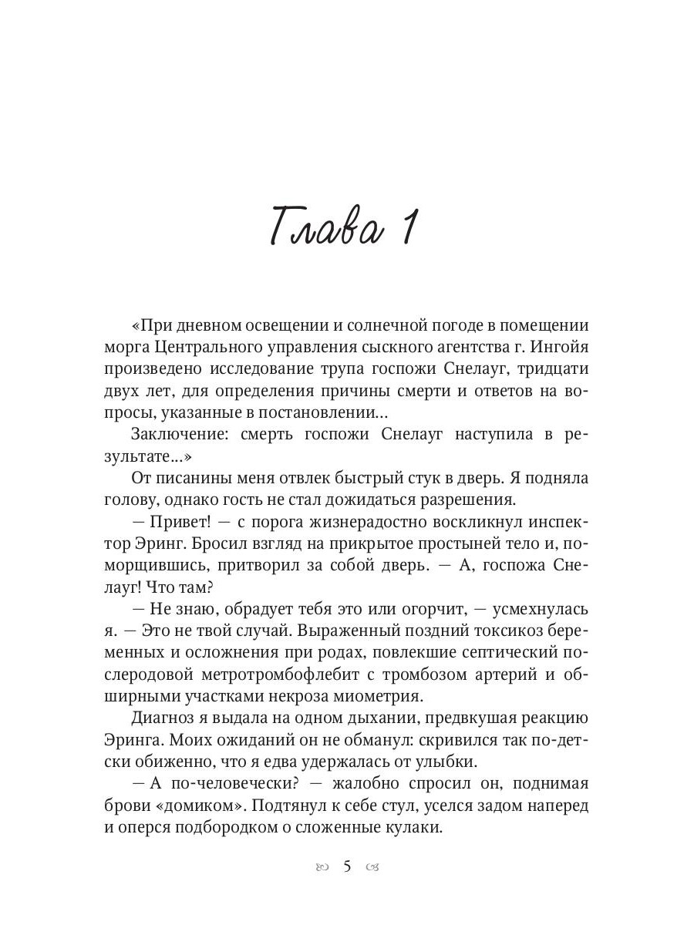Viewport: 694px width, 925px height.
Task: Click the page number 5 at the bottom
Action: click(x=347, y=866)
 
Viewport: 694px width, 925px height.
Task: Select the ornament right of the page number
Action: click(x=373, y=867)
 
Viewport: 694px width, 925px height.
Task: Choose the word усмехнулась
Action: click(x=541, y=609)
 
